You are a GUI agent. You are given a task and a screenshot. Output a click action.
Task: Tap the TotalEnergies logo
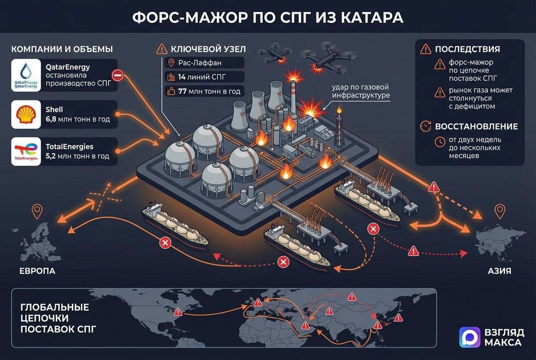(x=26, y=151)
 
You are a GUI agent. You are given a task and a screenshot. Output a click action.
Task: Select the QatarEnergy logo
(x=26, y=75)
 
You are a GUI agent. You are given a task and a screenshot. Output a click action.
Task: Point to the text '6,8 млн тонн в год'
(x=78, y=119)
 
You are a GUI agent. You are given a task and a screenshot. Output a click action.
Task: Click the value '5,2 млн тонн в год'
(x=78, y=156)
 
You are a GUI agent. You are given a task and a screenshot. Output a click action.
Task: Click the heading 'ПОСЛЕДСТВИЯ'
(x=467, y=49)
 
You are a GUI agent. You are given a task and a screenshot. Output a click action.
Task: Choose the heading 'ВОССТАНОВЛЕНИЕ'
(x=476, y=126)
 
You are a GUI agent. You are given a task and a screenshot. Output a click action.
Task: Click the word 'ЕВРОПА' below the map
(x=37, y=271)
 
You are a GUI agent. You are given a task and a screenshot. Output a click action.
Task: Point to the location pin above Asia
(x=499, y=210)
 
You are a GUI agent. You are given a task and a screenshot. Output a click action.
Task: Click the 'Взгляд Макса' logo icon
(x=470, y=337)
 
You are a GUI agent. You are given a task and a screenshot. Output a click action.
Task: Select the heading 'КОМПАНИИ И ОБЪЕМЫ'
(x=62, y=49)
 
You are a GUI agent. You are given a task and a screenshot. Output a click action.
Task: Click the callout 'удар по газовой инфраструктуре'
(x=360, y=91)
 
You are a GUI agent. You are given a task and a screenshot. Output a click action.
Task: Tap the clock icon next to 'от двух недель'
(x=440, y=142)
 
